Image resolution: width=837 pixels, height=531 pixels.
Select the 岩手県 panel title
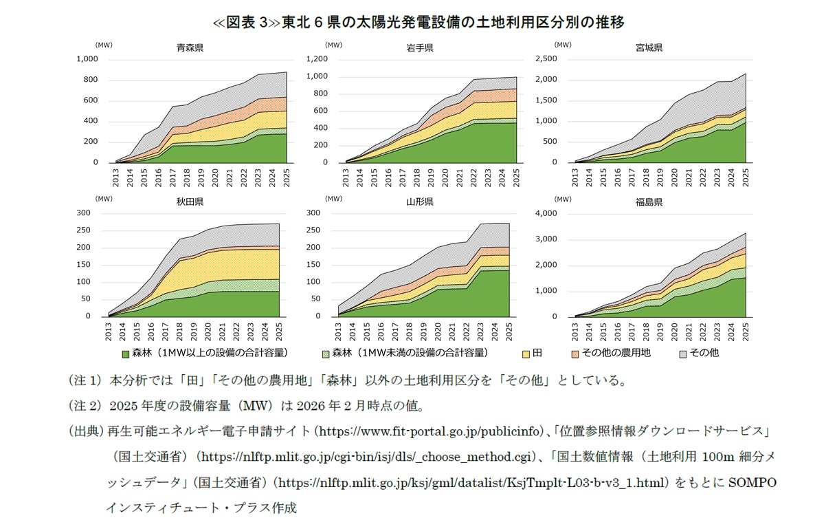(419, 48)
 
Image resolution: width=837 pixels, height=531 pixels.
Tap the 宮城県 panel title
(649, 48)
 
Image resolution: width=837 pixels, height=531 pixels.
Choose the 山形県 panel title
(419, 202)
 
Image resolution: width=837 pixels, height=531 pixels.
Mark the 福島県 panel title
(649, 202)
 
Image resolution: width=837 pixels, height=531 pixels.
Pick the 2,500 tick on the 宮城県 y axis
(547, 59)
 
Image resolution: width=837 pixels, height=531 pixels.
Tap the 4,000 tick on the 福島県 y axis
(547, 213)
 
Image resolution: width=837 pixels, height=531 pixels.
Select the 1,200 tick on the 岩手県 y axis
(317, 59)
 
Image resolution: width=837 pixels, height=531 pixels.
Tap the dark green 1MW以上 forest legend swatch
(125, 354)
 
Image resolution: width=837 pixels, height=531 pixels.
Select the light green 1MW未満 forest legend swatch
(326, 354)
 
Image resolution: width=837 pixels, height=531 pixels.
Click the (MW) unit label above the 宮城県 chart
(563, 45)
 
